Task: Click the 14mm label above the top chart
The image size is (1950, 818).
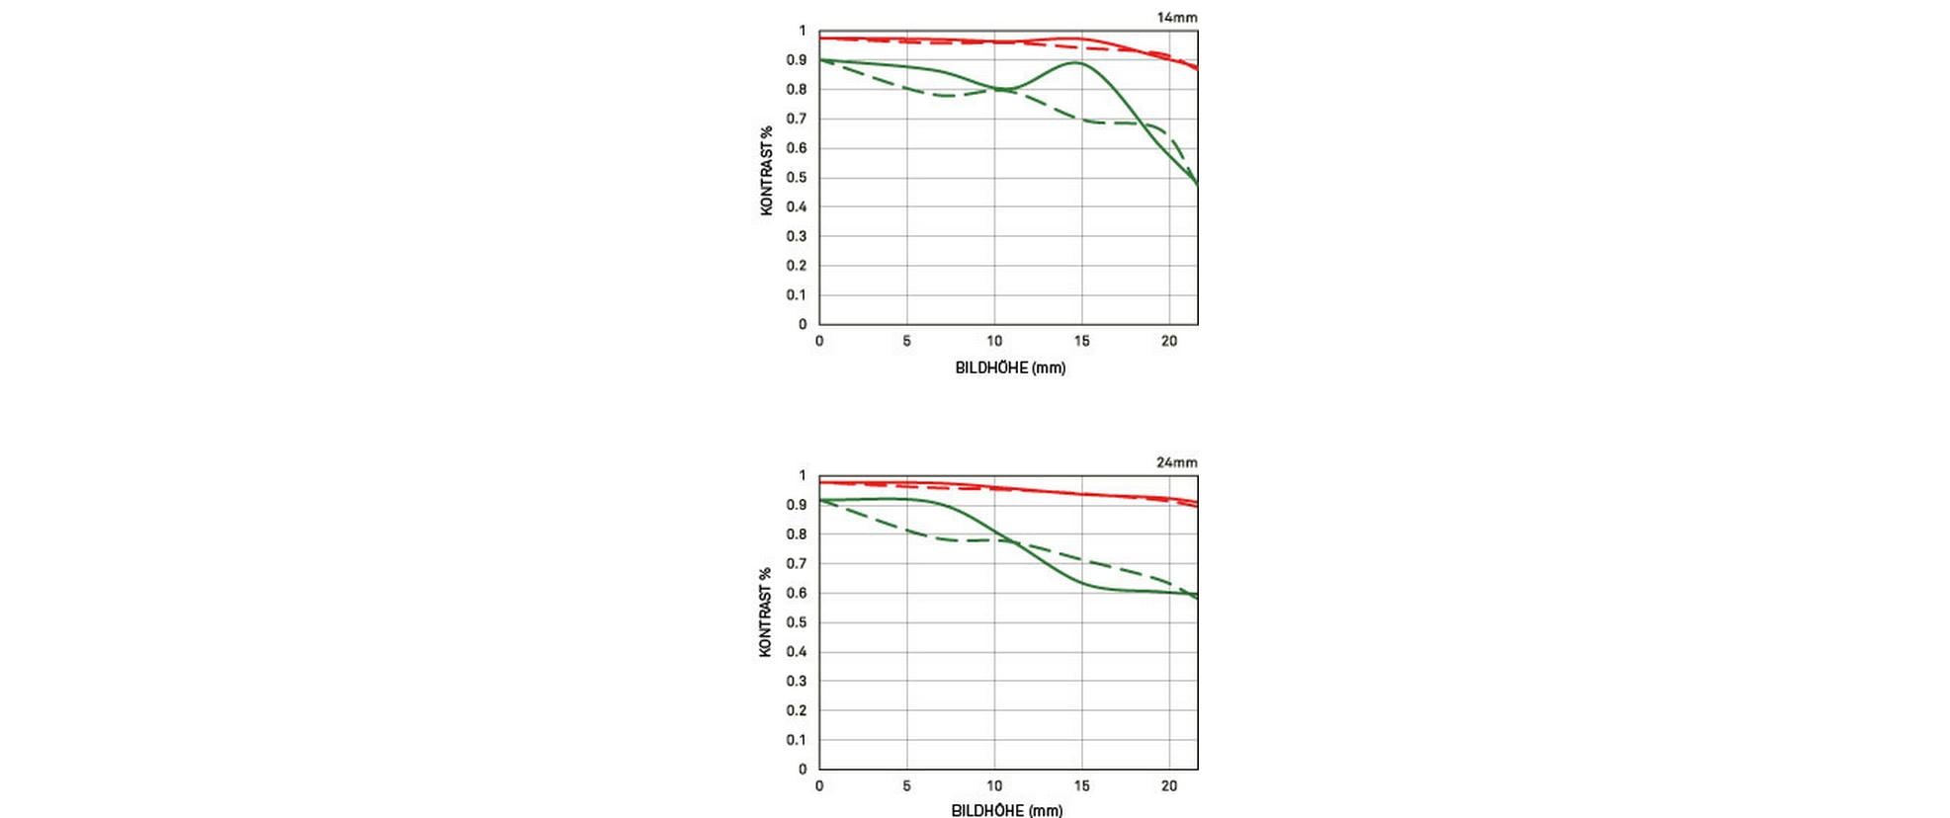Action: pos(1176,17)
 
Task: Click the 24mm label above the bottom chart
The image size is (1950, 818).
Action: pos(1176,461)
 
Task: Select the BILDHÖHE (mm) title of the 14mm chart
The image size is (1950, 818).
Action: pos(1010,368)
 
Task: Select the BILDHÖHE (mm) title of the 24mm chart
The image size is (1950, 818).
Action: pos(1007,810)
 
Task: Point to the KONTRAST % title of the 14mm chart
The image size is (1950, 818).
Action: pos(766,171)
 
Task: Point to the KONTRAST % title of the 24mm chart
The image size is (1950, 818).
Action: pos(765,613)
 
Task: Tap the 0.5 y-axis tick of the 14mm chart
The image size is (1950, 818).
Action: pos(797,178)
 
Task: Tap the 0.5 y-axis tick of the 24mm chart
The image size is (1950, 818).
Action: pos(797,622)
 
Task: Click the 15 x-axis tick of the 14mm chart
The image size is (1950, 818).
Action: pos(1082,341)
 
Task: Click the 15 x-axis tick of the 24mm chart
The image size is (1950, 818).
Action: pos(1082,785)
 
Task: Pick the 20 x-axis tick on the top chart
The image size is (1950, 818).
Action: pos(1169,341)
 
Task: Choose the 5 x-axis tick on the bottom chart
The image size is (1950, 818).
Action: pos(906,785)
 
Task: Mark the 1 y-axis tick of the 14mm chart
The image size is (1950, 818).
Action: pos(803,31)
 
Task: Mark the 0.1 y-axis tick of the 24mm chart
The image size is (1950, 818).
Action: pos(797,739)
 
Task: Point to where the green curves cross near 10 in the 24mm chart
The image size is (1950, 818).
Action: pos(1010,543)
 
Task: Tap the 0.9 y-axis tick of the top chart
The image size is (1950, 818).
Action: pos(797,60)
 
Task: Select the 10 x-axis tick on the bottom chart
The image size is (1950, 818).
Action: pos(994,785)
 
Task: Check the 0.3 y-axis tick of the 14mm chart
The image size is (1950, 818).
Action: pos(797,236)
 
